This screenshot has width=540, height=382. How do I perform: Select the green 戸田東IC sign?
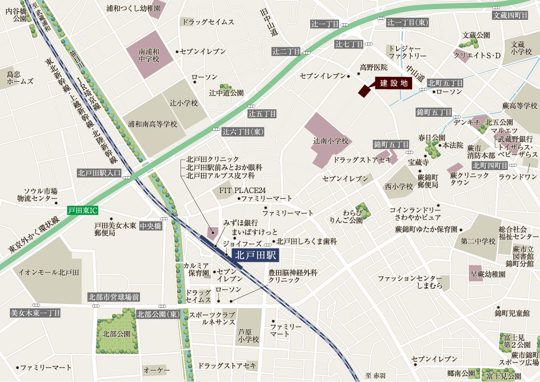(x=82, y=210)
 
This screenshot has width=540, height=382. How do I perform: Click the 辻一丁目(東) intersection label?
(x=408, y=22)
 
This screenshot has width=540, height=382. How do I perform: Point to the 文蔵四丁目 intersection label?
(x=510, y=16)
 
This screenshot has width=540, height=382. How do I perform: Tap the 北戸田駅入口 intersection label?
(x=100, y=173)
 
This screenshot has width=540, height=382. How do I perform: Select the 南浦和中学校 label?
(x=149, y=55)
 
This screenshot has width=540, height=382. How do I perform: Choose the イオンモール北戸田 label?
(x=49, y=272)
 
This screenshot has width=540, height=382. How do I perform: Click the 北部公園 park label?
(x=116, y=334)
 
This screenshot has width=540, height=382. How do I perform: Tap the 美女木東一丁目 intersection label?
(x=35, y=313)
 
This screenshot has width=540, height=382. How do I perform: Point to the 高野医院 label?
(x=373, y=67)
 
